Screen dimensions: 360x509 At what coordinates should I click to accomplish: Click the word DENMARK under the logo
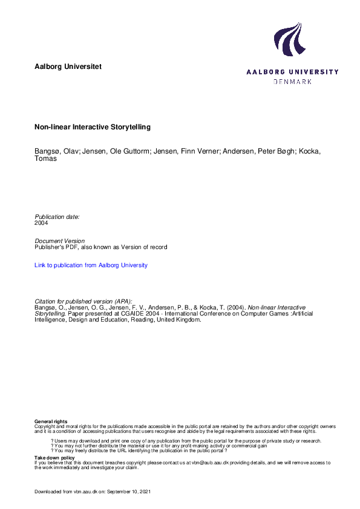[292, 82]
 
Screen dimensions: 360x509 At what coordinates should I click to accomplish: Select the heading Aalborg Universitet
[68, 65]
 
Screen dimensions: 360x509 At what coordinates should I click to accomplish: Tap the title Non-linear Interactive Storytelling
[92, 128]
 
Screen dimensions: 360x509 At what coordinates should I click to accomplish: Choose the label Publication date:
[57, 216]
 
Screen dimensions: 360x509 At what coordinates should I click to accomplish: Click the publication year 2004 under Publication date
[41, 222]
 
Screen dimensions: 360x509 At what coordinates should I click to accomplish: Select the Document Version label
[59, 241]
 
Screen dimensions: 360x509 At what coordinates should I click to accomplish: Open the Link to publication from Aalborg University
[91, 265]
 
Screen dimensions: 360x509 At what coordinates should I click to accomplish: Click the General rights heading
[51, 421]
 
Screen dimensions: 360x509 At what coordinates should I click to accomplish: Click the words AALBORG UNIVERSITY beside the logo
[292, 71]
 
